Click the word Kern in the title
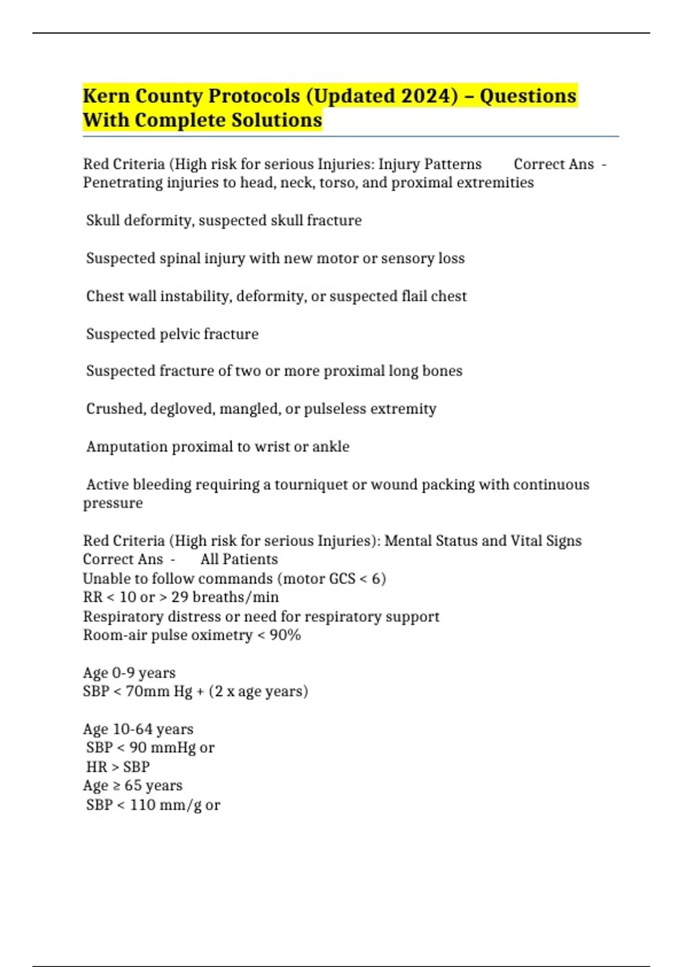pyautogui.click(x=105, y=96)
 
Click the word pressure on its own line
pyautogui.click(x=113, y=503)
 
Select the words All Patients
pyautogui.click(x=239, y=559)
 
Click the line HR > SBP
pyautogui.click(x=118, y=767)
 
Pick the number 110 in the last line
pyautogui.click(x=142, y=805)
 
